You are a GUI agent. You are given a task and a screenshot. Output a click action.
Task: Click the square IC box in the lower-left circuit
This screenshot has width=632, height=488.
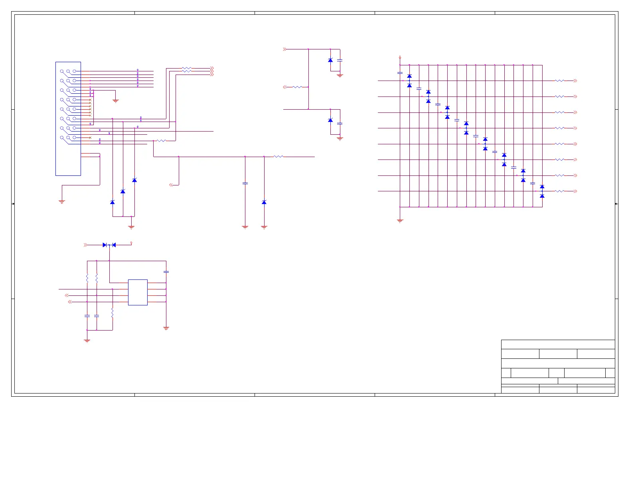point(138,292)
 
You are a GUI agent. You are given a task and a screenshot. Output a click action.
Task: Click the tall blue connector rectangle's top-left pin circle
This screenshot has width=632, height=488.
point(62,71)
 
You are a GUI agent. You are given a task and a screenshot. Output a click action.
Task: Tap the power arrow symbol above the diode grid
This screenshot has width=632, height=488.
point(400,57)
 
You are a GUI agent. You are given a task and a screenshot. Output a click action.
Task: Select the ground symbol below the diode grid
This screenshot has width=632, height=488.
point(400,220)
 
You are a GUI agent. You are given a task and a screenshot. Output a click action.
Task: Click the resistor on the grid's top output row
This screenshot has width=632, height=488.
point(559,81)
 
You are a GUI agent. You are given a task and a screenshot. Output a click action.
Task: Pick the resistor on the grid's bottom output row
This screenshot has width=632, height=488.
point(559,191)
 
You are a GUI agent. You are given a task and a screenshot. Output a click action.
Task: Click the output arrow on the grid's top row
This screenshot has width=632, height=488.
point(575,81)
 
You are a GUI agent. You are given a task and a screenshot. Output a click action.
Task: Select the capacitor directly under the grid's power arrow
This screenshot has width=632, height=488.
point(400,73)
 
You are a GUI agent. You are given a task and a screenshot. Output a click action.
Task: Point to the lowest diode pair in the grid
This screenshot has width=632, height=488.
point(542,191)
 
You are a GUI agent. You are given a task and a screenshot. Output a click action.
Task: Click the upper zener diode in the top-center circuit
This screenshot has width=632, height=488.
point(330,60)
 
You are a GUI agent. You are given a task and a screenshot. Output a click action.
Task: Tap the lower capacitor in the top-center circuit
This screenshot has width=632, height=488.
point(340,124)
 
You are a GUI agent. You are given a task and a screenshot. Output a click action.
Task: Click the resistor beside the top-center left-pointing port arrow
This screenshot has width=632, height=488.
point(297,87)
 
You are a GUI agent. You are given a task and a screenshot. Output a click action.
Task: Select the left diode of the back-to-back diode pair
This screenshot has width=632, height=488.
point(105,245)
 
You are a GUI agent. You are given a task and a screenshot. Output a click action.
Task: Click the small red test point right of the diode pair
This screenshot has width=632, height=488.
point(131,243)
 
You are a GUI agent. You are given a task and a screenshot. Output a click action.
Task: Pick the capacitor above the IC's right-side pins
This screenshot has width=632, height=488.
point(166,272)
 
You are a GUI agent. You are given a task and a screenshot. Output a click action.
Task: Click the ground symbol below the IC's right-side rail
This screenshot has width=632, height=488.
point(166,328)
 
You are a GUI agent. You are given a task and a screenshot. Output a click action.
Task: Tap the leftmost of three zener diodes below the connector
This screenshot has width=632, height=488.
point(113,203)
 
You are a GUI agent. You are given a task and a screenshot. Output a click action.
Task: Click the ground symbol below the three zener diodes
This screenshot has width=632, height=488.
point(131,227)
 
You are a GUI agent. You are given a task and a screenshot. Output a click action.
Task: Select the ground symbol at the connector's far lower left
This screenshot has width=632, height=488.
point(62,202)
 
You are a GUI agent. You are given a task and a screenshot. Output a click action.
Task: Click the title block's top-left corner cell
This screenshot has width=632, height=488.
point(520,354)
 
